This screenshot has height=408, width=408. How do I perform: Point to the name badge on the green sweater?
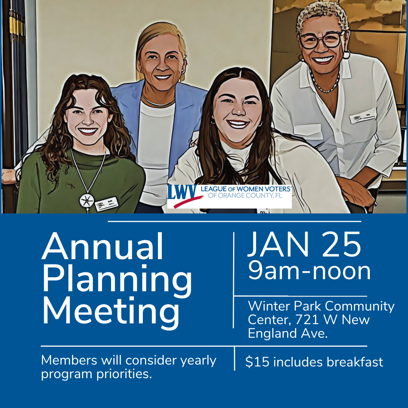coord(107,204)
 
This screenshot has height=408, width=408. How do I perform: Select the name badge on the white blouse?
coord(362,116)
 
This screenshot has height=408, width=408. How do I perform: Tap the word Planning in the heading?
coord(117,280)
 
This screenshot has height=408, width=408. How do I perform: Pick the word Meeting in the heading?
coord(110,312)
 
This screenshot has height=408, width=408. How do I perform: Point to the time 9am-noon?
coord(309,271)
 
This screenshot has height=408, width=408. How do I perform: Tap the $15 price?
coord(257,362)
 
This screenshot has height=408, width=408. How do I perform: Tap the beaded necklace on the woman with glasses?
coord(325,85)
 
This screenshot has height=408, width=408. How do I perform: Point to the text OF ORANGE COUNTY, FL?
coord(249,196)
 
